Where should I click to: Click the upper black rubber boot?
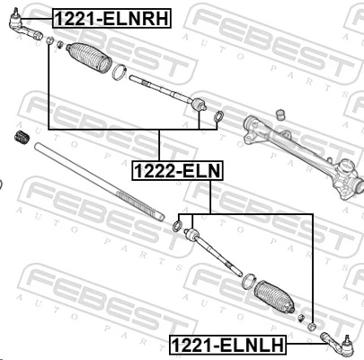point(86,58)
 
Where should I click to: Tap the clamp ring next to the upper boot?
point(119,72)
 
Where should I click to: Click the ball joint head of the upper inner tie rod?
point(199,107)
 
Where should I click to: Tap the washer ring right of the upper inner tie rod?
point(218,116)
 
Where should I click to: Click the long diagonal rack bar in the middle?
point(99,184)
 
